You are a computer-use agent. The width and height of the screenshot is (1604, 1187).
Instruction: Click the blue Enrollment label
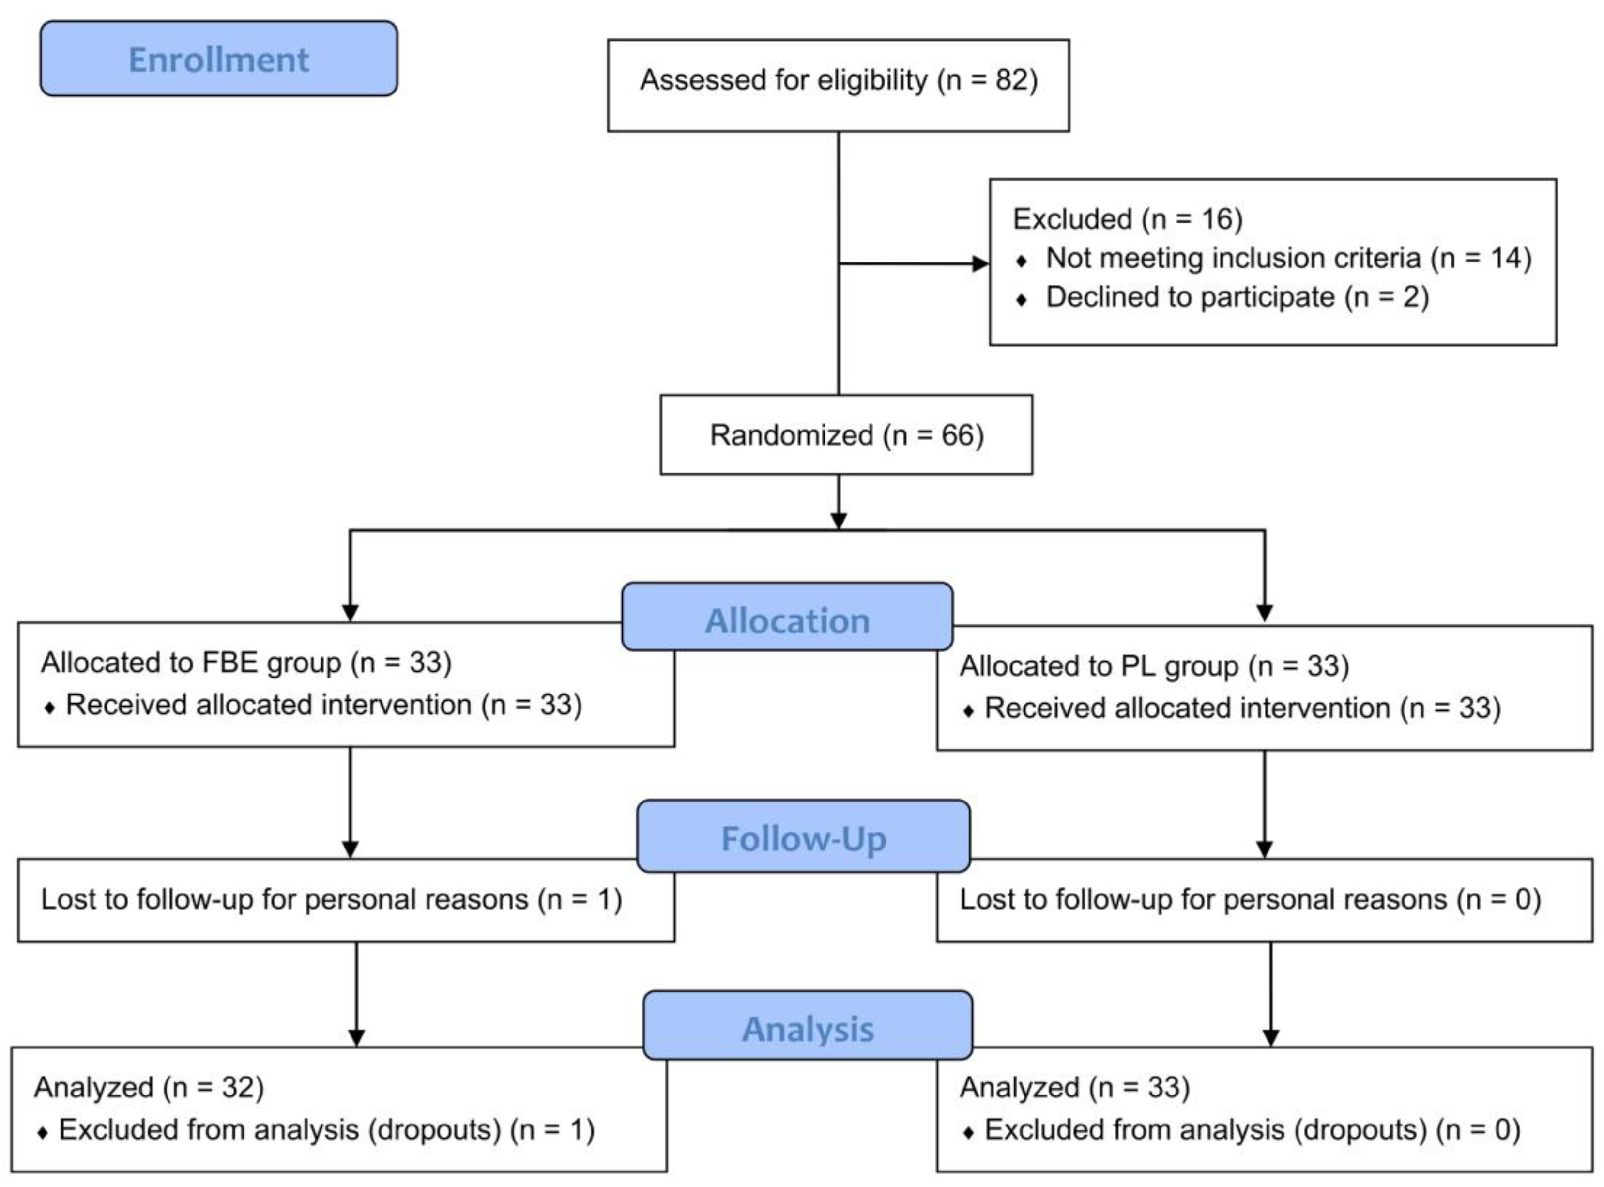point(218,59)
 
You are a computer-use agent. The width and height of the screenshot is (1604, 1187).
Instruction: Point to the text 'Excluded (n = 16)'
point(1127,218)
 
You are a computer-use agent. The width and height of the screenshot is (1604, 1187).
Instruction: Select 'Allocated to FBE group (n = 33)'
point(245,662)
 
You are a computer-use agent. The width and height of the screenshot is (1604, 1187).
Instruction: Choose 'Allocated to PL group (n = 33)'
point(1154,665)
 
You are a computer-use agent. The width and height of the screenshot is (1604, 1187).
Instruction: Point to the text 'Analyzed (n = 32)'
point(149,1087)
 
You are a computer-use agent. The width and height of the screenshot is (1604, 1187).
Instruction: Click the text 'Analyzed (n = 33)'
point(1075,1087)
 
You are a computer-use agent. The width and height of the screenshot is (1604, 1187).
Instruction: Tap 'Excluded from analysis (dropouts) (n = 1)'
point(326,1129)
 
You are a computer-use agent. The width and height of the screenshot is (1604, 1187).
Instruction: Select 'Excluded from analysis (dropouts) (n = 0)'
point(1252,1129)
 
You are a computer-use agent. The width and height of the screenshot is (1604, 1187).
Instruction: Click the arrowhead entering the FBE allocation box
point(350,612)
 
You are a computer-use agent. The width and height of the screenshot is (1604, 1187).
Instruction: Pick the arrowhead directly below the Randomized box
point(838,520)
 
